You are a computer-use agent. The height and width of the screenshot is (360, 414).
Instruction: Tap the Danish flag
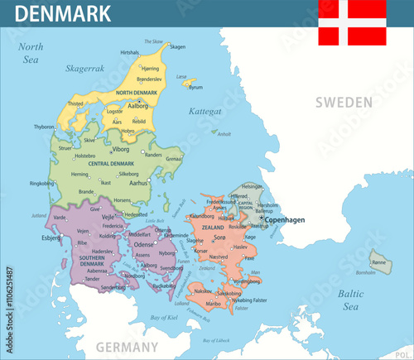352,22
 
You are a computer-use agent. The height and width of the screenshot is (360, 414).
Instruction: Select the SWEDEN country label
343,102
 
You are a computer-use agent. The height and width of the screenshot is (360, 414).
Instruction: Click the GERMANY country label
127,346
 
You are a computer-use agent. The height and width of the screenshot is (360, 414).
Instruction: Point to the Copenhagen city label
285,219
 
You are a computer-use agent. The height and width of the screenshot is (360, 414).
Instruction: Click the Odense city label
144,244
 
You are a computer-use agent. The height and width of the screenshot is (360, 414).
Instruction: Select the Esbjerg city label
51,237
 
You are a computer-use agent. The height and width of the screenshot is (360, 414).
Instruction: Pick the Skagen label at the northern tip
177,47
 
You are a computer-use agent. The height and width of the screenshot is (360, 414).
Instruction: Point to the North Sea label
31,53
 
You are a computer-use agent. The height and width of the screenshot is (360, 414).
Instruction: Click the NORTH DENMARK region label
136,92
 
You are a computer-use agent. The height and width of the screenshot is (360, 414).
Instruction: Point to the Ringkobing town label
41,183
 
